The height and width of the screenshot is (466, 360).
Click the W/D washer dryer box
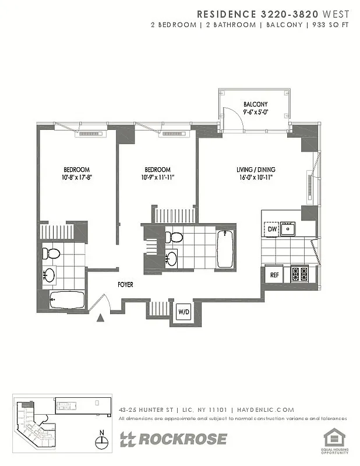pos(183,311)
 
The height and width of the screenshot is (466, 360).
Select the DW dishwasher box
pos(272,230)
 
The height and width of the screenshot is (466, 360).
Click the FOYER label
pos(125,285)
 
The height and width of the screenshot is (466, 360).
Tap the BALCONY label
pos(255,105)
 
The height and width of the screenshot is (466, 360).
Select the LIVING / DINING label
pos(256,170)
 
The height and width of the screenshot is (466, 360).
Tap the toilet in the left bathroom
pos(52,253)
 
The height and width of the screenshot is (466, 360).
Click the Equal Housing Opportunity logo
pos(334,440)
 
